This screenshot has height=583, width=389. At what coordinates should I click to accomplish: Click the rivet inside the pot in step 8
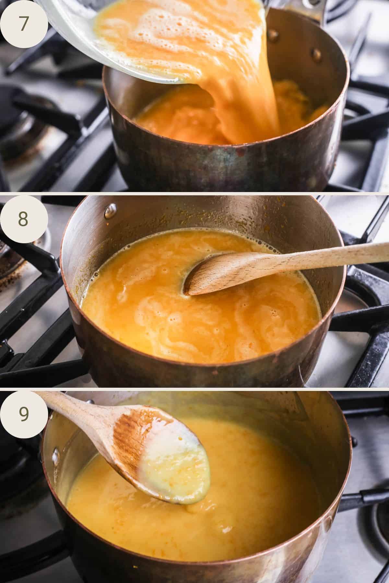pyautogui.click(x=111, y=211)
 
